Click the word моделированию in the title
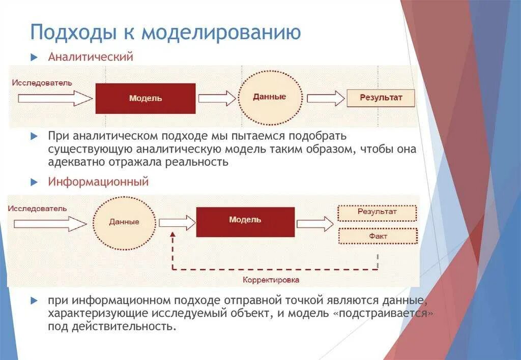(221, 33)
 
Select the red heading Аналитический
(91, 57)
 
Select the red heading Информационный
(98, 182)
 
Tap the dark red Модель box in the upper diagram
(146, 98)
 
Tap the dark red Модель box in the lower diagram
(245, 222)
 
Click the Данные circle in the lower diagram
(124, 222)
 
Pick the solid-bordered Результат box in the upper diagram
(381, 98)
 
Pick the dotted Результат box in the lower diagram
(377, 212)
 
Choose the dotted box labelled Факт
(378, 236)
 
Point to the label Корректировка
(271, 280)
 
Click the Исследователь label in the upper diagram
(42, 83)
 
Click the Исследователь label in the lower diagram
(37, 208)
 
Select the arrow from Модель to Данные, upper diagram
(217, 98)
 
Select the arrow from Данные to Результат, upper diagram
(326, 98)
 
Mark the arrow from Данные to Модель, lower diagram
(177, 222)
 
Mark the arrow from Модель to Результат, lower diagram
(315, 223)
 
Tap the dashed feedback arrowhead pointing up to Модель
(172, 236)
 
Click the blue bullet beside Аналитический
(35, 57)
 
